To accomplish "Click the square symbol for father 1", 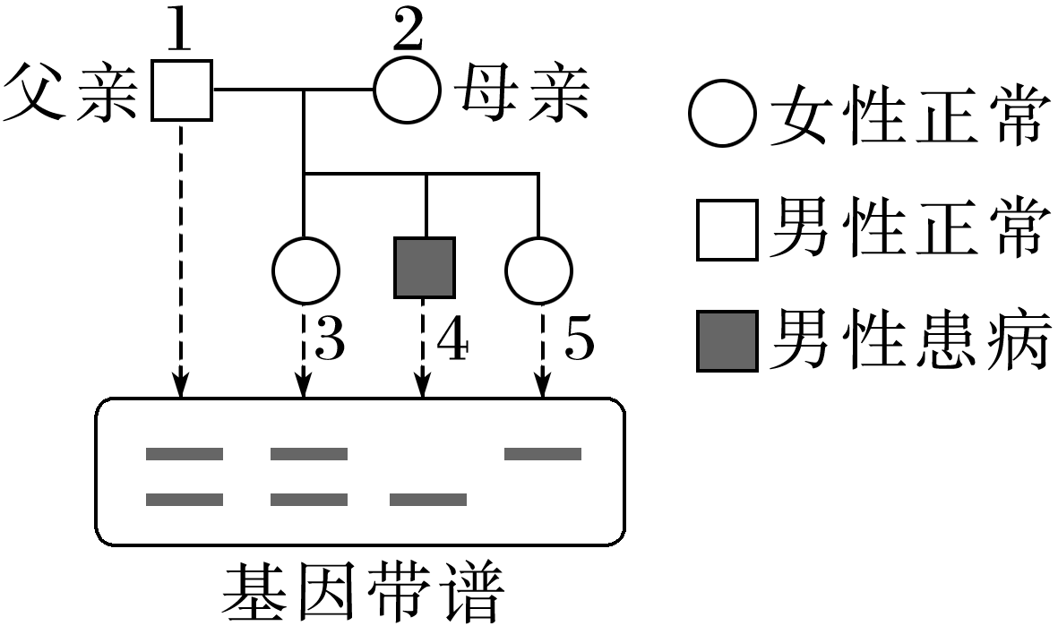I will pos(182,90).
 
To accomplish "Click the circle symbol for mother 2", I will pos(408,90).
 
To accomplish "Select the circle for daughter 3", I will pos(305,270).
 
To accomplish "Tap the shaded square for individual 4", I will pos(425,268).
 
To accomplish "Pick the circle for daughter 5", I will pos(539,270).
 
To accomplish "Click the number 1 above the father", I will pos(182,34).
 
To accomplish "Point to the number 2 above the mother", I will pos(408,34).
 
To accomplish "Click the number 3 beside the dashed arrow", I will pos(331,342).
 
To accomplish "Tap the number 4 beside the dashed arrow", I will pos(451,342).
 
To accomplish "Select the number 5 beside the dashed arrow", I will pos(579,342).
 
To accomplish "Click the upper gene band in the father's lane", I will pos(184,454).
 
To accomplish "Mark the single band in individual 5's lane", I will pos(543,454).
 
